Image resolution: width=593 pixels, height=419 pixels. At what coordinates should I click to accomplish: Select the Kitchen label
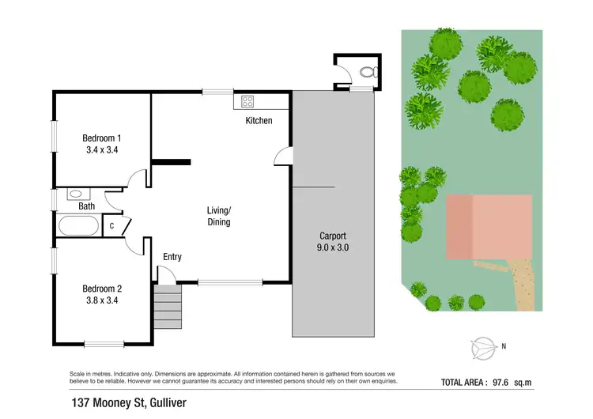point(259,121)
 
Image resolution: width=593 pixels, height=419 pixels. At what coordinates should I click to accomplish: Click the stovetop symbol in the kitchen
point(247,101)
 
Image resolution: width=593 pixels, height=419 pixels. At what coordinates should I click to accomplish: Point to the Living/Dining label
point(219,216)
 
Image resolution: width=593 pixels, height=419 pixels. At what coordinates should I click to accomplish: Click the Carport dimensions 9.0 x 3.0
point(333,247)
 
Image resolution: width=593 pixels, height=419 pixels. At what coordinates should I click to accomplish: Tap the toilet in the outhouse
point(367,72)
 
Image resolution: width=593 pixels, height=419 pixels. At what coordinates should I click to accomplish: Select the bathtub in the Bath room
point(79,225)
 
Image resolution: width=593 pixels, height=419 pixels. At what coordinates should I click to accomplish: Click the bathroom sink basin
point(77,193)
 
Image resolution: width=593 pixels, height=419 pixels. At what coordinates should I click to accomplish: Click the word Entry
point(172,257)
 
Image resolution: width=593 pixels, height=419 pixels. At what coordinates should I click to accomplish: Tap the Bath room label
point(86,206)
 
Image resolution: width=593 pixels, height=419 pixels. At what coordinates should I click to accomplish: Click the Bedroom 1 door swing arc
point(138,179)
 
